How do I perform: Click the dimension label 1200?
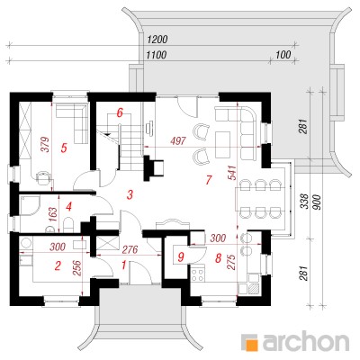tap(157, 40)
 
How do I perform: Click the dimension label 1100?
tap(156, 55)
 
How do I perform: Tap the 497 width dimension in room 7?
tap(178, 140)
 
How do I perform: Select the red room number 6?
tap(120, 113)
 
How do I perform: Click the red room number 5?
tap(64, 148)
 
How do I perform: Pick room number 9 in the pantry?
tap(181, 257)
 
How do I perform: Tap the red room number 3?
tap(130, 195)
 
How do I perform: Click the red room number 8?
tap(218, 258)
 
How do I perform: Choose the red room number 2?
tap(58, 265)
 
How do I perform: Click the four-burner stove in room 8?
tap(197, 274)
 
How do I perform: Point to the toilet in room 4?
tap(69, 224)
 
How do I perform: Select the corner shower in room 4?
tap(30, 205)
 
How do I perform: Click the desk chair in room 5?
tap(43, 177)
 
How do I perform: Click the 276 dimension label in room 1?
tap(130, 249)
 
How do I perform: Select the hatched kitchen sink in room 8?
tap(254, 288)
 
